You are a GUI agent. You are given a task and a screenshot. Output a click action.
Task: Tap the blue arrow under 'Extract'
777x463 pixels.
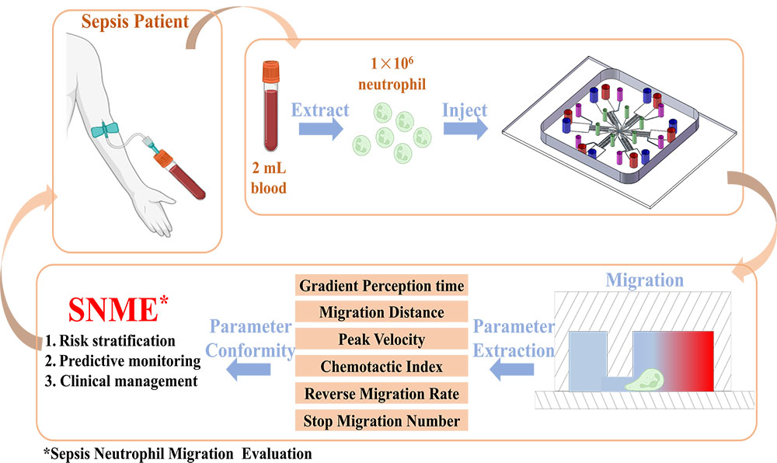[x=319, y=129]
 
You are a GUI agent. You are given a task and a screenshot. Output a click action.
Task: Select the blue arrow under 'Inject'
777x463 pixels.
[x=465, y=129]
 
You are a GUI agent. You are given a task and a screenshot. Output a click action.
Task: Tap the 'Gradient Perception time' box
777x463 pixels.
[x=381, y=285]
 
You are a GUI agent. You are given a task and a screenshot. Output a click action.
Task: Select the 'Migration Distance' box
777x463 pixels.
[x=381, y=312]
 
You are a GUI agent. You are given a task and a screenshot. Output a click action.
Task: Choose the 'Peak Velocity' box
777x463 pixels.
[x=381, y=339]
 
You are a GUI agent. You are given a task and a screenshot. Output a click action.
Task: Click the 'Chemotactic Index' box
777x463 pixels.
[x=381, y=367]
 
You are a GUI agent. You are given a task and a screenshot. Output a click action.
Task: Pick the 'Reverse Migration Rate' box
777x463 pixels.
[x=381, y=394]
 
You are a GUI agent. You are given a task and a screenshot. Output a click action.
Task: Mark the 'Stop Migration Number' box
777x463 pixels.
[x=381, y=421]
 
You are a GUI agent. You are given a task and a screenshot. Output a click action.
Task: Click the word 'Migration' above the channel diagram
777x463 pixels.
[x=644, y=279]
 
